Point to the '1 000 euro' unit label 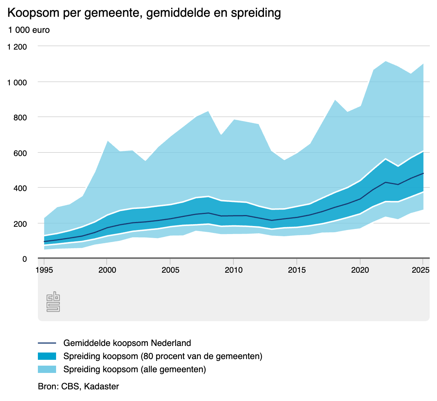tap(29, 30)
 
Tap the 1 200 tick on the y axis tap(17, 47)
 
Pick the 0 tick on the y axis tap(25, 259)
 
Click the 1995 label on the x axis tap(44, 270)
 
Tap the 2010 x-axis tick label tap(233, 270)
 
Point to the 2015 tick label tap(297, 270)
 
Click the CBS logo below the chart tap(53, 302)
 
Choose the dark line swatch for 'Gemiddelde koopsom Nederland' tap(47, 343)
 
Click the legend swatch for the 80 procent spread tap(47, 356)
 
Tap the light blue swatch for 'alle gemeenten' tap(47, 369)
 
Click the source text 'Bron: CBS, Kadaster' tap(78, 386)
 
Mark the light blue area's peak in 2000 tap(107, 141)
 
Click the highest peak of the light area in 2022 tap(385, 62)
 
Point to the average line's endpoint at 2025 tap(423, 173)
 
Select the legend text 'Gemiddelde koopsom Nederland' tap(127, 343)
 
